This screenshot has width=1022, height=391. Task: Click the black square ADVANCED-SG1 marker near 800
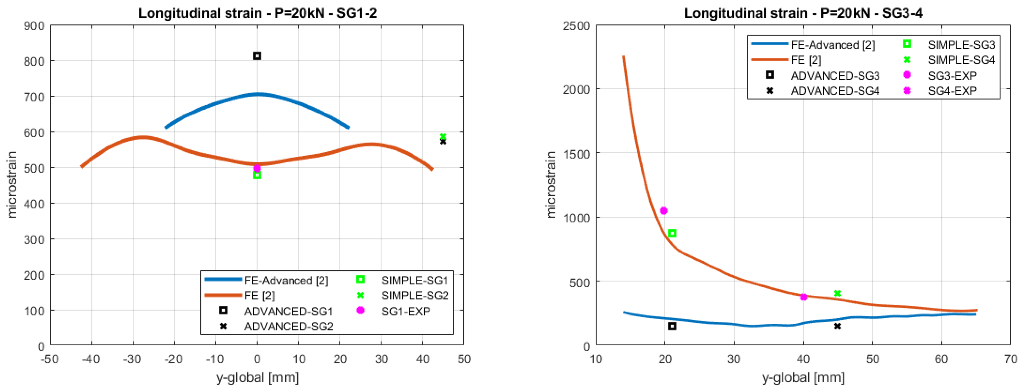tap(257, 56)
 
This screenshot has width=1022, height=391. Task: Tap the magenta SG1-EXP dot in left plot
tap(257, 168)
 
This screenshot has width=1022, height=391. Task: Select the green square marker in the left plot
tap(257, 175)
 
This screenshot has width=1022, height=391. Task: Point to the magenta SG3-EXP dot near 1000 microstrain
tap(663, 211)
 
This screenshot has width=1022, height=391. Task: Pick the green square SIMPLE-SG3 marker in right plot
tap(672, 234)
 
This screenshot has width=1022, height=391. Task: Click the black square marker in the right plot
tap(672, 326)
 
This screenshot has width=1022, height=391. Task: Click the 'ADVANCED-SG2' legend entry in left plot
tap(288, 326)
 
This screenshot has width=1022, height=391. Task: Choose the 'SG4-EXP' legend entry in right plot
tap(952, 91)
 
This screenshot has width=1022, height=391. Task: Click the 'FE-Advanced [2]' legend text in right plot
tap(832, 45)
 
